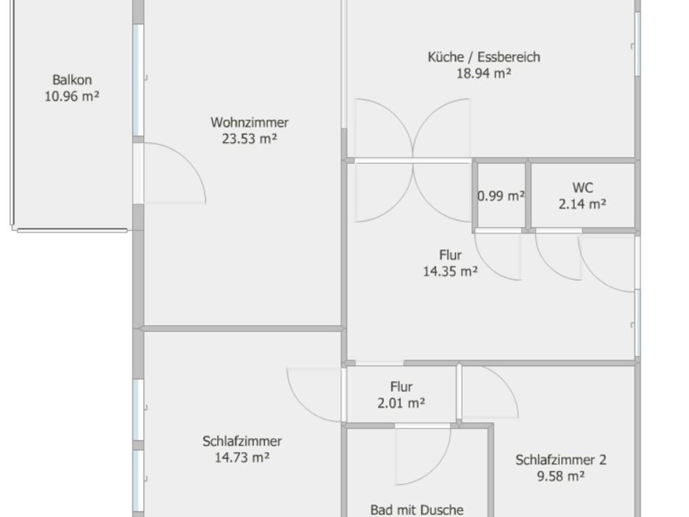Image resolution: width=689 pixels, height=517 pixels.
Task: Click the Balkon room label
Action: point(72,80)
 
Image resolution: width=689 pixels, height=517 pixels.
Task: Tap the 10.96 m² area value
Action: point(72,96)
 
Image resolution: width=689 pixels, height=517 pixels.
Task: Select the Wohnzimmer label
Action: point(250,122)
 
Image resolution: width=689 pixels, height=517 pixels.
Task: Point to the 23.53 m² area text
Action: point(250,138)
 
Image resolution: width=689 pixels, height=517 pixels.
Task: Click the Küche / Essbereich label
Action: point(484,57)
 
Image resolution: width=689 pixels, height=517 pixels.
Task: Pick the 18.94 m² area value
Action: point(484,73)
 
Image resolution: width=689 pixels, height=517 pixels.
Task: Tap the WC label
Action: point(583,188)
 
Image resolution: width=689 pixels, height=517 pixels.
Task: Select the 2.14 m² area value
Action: point(583,204)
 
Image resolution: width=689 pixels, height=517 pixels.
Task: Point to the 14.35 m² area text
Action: point(450,271)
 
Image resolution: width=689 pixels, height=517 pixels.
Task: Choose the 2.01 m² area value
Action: point(401,403)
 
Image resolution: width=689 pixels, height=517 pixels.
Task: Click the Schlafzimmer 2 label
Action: point(561,460)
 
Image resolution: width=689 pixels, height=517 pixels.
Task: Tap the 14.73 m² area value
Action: point(242,457)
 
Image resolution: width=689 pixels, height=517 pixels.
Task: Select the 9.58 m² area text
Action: point(561,476)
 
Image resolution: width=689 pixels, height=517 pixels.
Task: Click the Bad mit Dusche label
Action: point(417,510)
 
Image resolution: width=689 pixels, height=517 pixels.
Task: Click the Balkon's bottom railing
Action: point(72,231)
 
